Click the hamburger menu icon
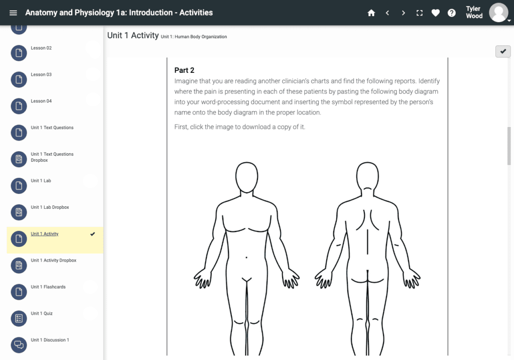click(13, 13)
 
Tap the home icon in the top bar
click(371, 13)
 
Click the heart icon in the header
click(435, 13)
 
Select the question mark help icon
click(452, 13)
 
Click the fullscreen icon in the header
click(419, 13)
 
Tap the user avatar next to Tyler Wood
click(498, 13)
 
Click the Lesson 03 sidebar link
click(41, 74)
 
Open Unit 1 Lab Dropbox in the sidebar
click(50, 207)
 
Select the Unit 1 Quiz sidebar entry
click(42, 313)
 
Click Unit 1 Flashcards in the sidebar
click(48, 287)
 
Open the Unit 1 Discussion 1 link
click(50, 340)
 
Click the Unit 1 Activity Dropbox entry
click(53, 260)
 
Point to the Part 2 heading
click(184, 70)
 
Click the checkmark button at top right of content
click(503, 52)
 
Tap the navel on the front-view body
click(246, 258)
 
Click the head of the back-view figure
click(367, 176)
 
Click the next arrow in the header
click(403, 13)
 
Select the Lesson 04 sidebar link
click(41, 101)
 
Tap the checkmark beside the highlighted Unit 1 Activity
click(93, 234)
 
